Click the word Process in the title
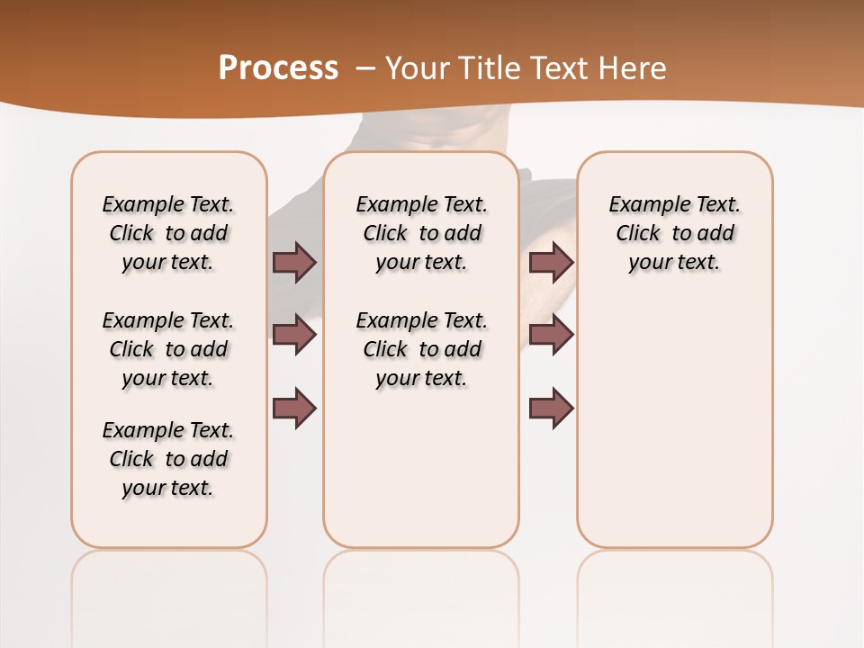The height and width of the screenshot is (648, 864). (278, 67)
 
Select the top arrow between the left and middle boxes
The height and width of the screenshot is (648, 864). (294, 262)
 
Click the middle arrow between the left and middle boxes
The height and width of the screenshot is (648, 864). (294, 335)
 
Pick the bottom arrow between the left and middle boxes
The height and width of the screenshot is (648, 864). (294, 408)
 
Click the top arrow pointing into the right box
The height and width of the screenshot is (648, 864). (551, 262)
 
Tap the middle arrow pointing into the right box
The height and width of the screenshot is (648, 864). (551, 335)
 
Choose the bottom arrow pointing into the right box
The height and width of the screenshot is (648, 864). (551, 408)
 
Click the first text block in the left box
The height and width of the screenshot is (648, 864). (168, 233)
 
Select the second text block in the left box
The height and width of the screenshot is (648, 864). (168, 349)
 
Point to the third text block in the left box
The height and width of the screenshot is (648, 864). (168, 459)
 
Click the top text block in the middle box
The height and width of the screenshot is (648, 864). (421, 233)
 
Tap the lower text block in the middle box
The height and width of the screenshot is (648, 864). (421, 349)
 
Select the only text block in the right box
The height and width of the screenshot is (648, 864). (674, 233)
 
